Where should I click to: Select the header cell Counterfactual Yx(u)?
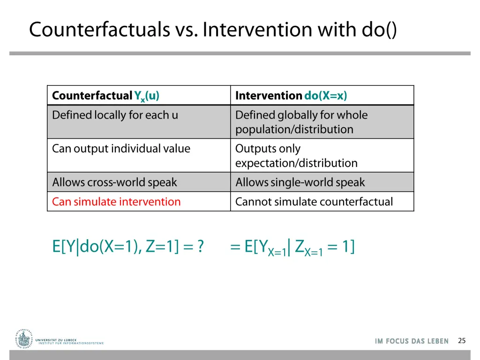(x=105, y=96)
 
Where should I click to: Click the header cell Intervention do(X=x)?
(x=291, y=96)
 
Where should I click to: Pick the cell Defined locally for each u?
(x=115, y=115)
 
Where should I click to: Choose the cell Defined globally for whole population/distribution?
(x=301, y=122)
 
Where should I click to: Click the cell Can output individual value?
(x=121, y=149)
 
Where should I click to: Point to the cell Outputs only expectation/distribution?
(x=296, y=156)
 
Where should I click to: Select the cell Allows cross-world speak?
(x=114, y=182)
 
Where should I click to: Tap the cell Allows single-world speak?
(x=300, y=182)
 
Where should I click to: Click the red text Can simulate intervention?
(x=116, y=202)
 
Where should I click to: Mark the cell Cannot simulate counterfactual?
(x=314, y=202)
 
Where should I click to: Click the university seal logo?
(x=24, y=338)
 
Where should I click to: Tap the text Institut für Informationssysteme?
(x=71, y=343)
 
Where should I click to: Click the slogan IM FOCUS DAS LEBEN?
(x=412, y=341)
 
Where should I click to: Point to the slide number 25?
(x=462, y=341)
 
